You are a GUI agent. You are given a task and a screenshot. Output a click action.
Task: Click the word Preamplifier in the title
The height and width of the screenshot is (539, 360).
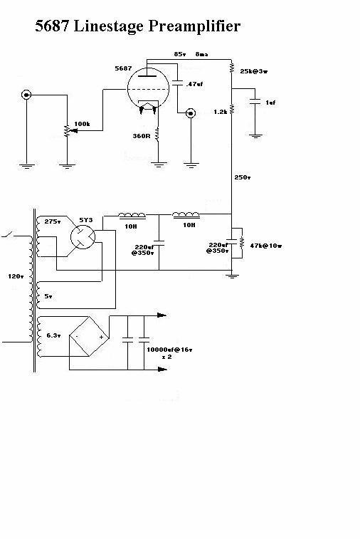tap(194, 26)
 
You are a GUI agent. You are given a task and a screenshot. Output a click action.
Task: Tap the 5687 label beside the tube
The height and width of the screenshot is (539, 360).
tap(123, 68)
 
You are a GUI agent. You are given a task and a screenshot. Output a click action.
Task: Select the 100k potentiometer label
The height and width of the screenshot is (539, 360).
tap(82, 124)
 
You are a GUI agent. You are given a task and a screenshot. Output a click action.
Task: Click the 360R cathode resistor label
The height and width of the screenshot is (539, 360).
tap(142, 136)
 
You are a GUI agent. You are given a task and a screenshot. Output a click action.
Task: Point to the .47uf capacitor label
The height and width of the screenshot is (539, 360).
tap(194, 84)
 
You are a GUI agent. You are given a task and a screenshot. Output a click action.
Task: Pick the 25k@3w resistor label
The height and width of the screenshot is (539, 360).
tap(254, 71)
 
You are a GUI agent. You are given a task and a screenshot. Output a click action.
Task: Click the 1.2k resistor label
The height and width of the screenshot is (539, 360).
tap(220, 112)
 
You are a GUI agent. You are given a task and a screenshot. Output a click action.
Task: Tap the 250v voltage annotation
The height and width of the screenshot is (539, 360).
tap(243, 177)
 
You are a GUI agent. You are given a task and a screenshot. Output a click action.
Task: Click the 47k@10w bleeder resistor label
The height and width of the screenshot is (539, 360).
tap(266, 246)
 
